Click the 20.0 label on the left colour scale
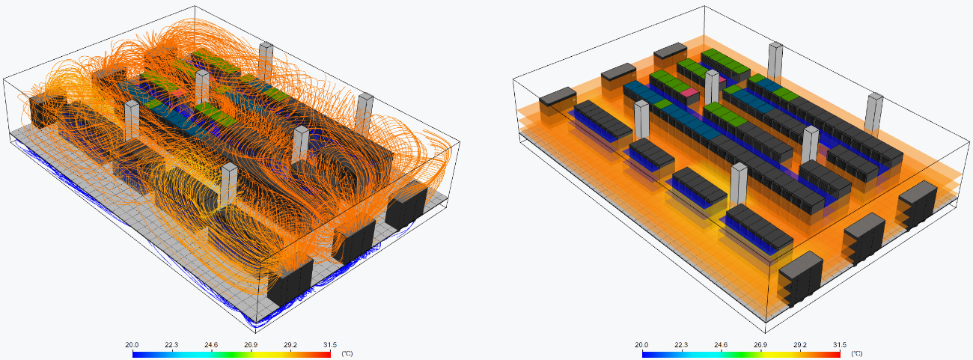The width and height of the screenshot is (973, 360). (132, 345)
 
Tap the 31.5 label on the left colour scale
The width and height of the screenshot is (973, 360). (329, 345)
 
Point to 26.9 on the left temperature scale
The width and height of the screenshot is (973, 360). (251, 345)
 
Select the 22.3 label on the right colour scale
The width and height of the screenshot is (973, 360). (681, 345)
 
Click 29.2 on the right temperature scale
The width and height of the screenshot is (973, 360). (800, 345)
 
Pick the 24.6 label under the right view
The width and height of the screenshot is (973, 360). (721, 345)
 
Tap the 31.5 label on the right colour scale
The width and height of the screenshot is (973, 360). (840, 345)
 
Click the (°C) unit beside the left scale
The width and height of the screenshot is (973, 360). (347, 353)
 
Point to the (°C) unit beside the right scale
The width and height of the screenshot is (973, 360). (856, 353)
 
